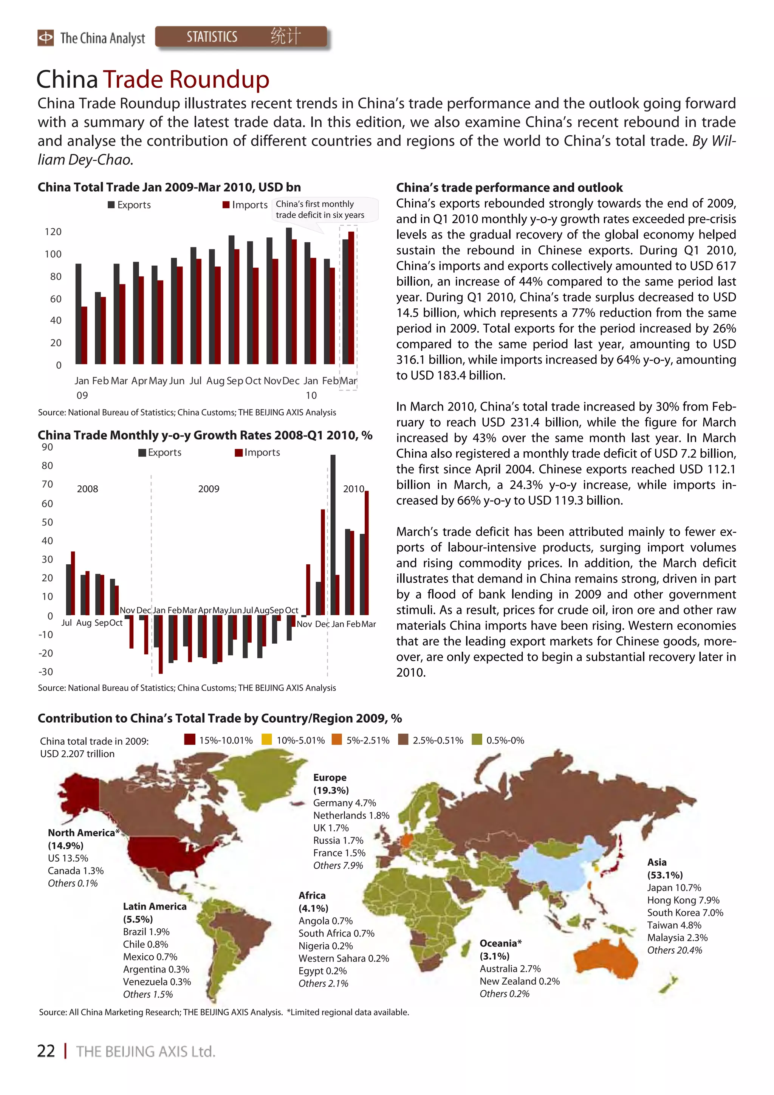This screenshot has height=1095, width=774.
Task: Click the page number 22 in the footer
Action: point(46,1051)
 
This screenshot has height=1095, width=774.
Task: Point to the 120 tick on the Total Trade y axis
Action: point(53,232)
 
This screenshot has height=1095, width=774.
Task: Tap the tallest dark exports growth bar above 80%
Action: point(333,534)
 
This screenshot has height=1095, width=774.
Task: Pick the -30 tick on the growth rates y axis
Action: point(46,672)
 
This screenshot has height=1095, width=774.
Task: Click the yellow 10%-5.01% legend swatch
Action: point(267,740)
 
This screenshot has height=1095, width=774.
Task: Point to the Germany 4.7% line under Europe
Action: point(344,803)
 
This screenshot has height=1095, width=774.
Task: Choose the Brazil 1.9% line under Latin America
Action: point(146,931)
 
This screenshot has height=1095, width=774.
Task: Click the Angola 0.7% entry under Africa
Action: point(325,920)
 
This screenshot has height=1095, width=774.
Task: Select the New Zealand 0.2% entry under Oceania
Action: point(519,981)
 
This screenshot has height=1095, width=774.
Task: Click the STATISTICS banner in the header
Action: point(241,37)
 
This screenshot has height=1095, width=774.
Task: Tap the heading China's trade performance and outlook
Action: point(509,187)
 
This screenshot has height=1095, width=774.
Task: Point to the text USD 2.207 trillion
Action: point(77,754)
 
